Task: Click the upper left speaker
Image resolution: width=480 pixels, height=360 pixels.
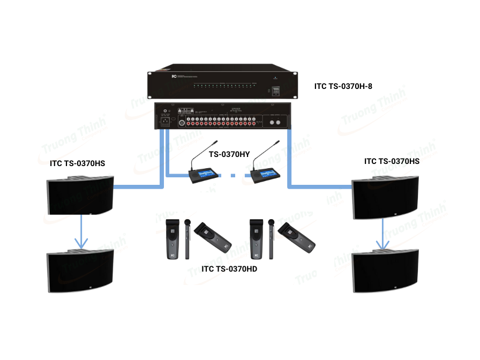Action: pos(80,196)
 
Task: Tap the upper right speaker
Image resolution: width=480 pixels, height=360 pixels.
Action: pos(385,197)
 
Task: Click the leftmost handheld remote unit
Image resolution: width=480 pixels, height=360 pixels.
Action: pos(173,238)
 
